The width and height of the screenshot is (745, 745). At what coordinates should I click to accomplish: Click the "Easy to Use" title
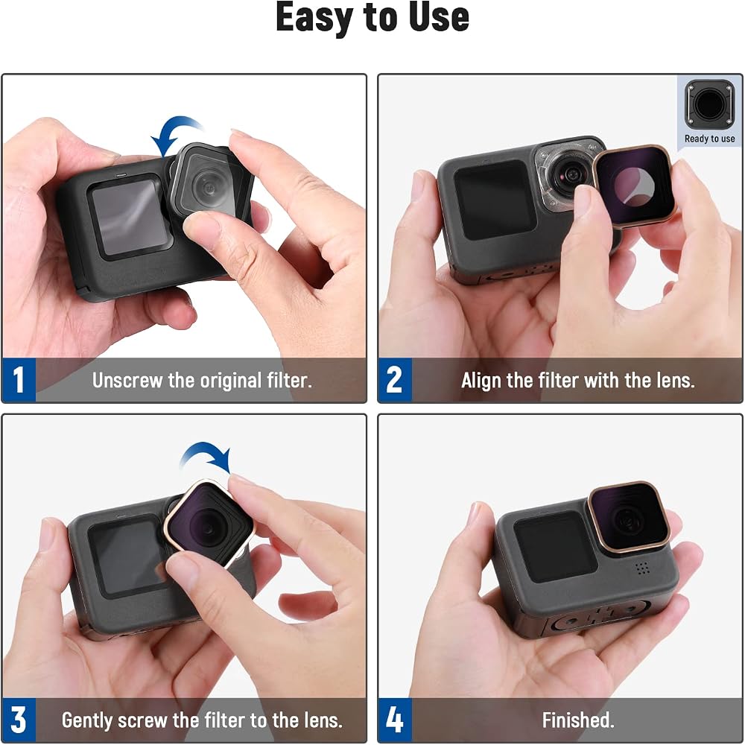372,17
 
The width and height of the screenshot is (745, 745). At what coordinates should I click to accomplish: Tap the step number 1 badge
19,380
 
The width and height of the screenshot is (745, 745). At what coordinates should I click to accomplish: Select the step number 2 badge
395,380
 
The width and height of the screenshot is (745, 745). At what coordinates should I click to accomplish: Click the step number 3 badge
19,720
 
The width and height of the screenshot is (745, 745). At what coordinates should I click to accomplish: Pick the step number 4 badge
395,720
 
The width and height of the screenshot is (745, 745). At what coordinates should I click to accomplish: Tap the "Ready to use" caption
709,139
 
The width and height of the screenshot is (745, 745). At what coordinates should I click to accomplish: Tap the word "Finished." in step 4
578,720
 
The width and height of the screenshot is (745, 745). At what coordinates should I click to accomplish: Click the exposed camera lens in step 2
568,176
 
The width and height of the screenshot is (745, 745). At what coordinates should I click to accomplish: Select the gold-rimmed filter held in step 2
633,186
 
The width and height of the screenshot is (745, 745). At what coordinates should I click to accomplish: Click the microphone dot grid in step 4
642,568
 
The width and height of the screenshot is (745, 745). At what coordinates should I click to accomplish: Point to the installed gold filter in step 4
630,518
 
